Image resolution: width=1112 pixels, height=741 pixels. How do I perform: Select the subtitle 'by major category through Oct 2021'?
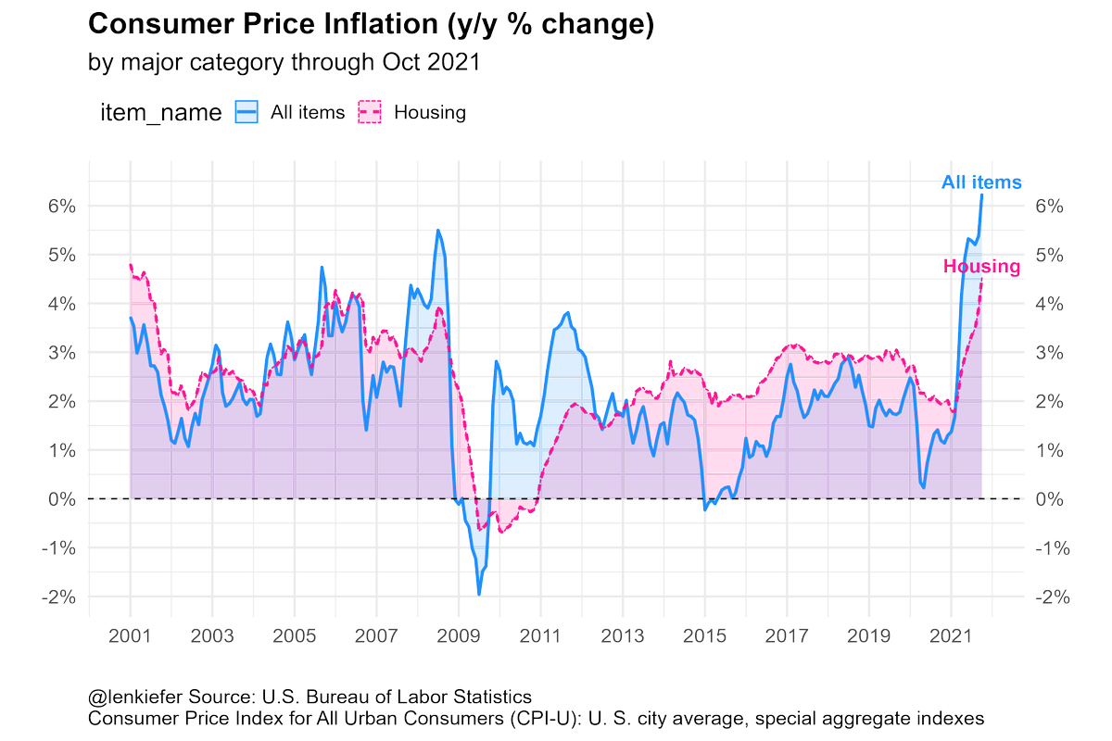point(283,63)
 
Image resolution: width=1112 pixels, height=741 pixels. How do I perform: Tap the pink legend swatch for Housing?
point(371,113)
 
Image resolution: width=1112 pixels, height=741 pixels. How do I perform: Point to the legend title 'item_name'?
point(159,113)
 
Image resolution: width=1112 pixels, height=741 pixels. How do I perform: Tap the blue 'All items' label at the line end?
point(981,182)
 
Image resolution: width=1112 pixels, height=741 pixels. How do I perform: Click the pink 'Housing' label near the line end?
point(981,267)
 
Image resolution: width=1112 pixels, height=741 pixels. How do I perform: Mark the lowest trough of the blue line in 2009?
point(479,594)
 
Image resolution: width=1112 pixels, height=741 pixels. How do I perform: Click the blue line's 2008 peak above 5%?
point(438,230)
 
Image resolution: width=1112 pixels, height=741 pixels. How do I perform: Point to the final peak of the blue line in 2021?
point(982,195)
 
